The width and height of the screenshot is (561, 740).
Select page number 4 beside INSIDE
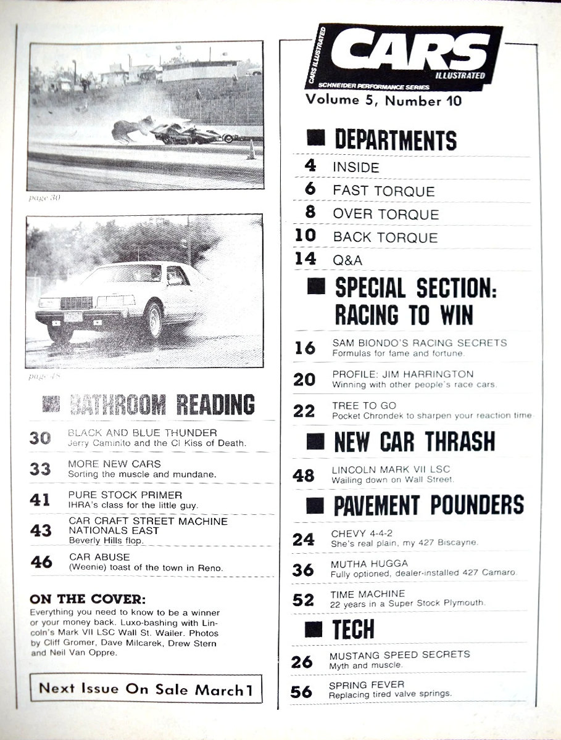coord(310,166)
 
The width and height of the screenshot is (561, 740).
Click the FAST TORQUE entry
coord(383,191)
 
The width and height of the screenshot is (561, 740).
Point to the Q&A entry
coord(347,260)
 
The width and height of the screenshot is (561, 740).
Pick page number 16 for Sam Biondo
coord(304,348)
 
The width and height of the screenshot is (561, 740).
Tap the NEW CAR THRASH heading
coord(414,441)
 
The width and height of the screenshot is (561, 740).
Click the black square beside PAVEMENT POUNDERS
coord(316,505)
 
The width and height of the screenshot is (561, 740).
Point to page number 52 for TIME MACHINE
coord(304,599)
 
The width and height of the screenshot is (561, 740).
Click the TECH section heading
coord(353,629)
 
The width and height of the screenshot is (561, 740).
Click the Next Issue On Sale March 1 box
coord(146,688)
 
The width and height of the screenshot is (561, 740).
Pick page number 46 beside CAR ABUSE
coord(41,562)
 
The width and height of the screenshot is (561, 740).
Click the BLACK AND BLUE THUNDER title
coord(142,432)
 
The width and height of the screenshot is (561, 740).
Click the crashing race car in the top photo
coord(173,131)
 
